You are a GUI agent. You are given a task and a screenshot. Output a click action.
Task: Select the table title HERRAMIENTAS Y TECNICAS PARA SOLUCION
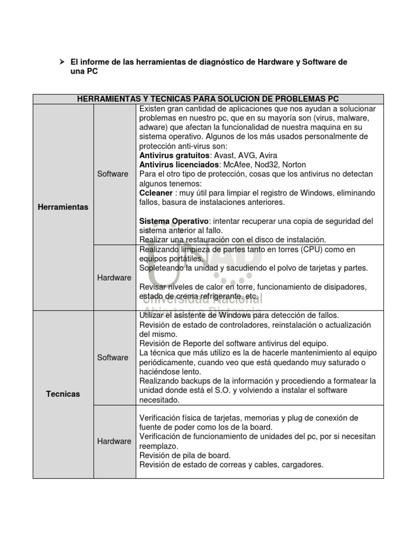coord(208,99)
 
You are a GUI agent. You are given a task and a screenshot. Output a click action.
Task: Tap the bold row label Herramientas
coord(63,207)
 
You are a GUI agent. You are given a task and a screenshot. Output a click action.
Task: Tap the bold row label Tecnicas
coord(63,394)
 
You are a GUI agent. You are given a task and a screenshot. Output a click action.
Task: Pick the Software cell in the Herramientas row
coord(113,173)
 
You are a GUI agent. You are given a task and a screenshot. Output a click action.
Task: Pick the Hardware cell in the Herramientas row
coord(114,277)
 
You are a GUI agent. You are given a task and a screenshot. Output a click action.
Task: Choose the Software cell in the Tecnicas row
coord(113,357)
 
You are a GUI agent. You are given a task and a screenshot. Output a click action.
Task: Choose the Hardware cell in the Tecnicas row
coord(114,441)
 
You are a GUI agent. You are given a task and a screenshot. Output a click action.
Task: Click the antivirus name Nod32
coord(261,164)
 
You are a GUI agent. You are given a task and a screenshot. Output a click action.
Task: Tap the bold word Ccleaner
coord(156,193)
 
